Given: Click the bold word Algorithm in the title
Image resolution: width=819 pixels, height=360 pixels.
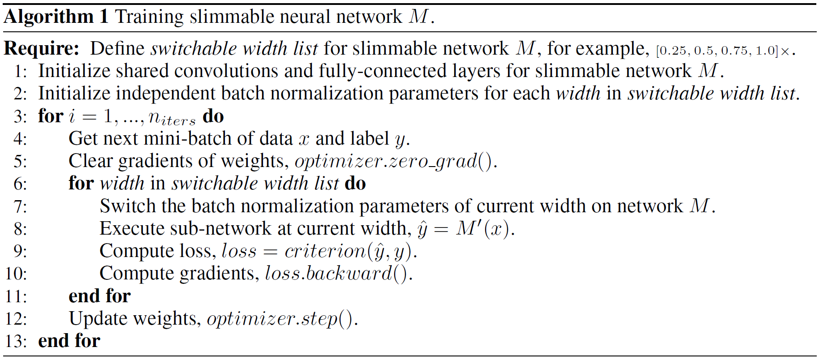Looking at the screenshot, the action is [48, 17].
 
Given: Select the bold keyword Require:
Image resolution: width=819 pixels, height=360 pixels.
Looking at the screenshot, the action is [42, 49].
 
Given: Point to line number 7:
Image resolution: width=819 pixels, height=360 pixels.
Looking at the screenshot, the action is [20, 207].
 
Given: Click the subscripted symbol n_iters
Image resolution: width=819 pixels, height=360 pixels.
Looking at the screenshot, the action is [172, 117].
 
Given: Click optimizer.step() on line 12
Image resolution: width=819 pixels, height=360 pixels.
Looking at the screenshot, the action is [280, 319].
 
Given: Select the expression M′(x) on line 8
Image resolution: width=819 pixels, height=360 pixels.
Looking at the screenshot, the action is [483, 229].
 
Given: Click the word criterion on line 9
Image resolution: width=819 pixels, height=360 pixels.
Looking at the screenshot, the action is [325, 252].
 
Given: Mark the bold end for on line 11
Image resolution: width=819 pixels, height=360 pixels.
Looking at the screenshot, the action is [99, 296].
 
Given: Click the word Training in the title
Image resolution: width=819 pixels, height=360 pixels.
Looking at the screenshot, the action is [149, 17].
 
